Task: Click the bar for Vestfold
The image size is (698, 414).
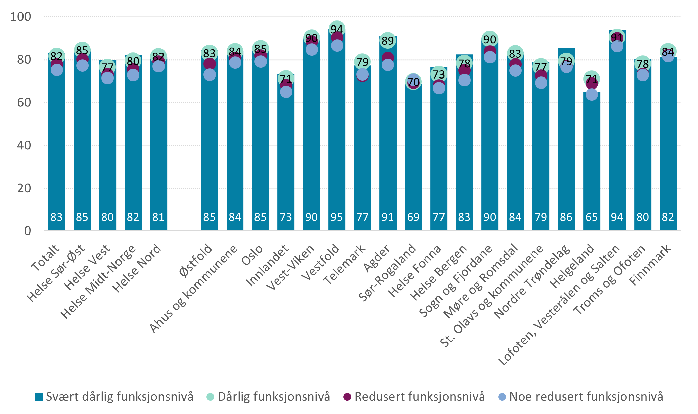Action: pos(337,134)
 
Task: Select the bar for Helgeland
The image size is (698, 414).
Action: pos(592,161)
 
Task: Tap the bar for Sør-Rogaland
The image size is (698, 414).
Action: pos(413,158)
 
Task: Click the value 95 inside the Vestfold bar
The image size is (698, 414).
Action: pos(337,217)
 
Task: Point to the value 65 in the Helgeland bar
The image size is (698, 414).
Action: pos(592,217)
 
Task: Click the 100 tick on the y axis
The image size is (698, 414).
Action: pos(20,17)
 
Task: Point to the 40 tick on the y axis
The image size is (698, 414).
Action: pos(24,145)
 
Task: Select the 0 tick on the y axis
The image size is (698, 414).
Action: pos(27,231)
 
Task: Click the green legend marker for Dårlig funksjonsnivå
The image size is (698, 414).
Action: pos(211,397)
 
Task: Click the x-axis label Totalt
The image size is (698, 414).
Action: pos(45,258)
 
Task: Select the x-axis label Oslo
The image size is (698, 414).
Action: pos(252,255)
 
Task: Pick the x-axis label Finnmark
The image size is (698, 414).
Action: pos(650,265)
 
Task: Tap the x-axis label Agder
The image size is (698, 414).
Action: pos(377,258)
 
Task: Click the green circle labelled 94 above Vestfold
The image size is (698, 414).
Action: pos(337,29)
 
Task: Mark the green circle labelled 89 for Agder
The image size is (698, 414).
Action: pos(388,41)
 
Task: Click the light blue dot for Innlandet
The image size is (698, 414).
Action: pos(286,92)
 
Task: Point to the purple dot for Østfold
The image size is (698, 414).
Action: pos(210,64)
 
